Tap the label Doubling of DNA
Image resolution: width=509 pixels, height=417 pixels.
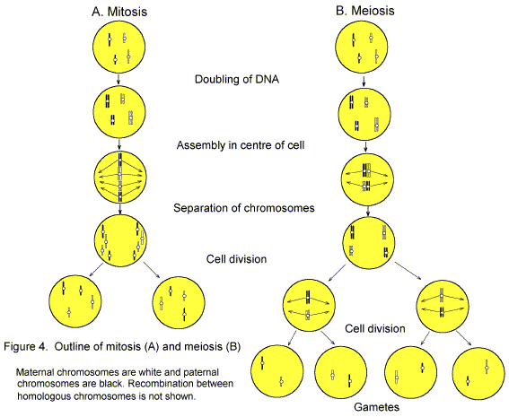point(237,79)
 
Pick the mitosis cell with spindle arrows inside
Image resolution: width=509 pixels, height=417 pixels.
point(119,176)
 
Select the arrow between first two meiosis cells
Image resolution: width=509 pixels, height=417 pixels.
point(363,82)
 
